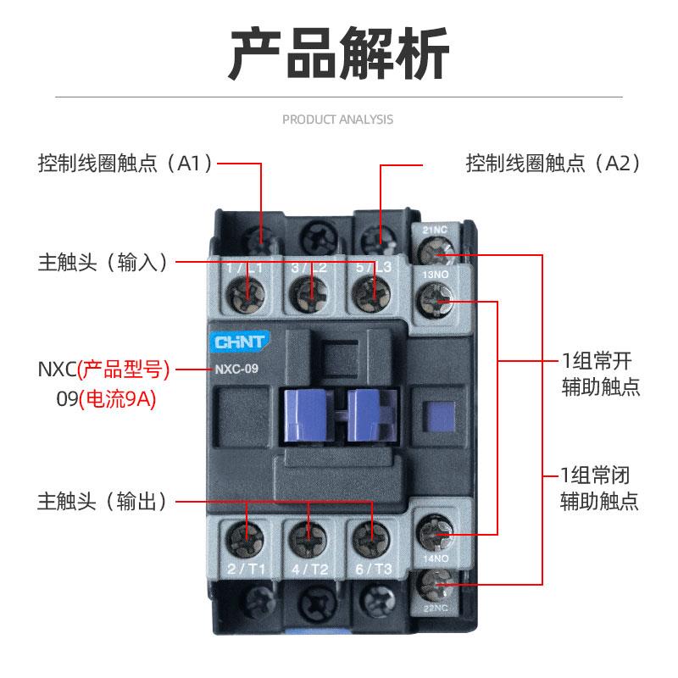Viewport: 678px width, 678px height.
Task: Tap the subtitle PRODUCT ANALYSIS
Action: (x=337, y=119)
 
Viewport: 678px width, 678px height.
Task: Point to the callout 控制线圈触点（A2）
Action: (x=553, y=164)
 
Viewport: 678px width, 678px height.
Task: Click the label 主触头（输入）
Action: (x=103, y=261)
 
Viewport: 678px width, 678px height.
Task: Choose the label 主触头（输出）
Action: (x=103, y=501)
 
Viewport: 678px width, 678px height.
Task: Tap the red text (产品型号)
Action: (x=124, y=370)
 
